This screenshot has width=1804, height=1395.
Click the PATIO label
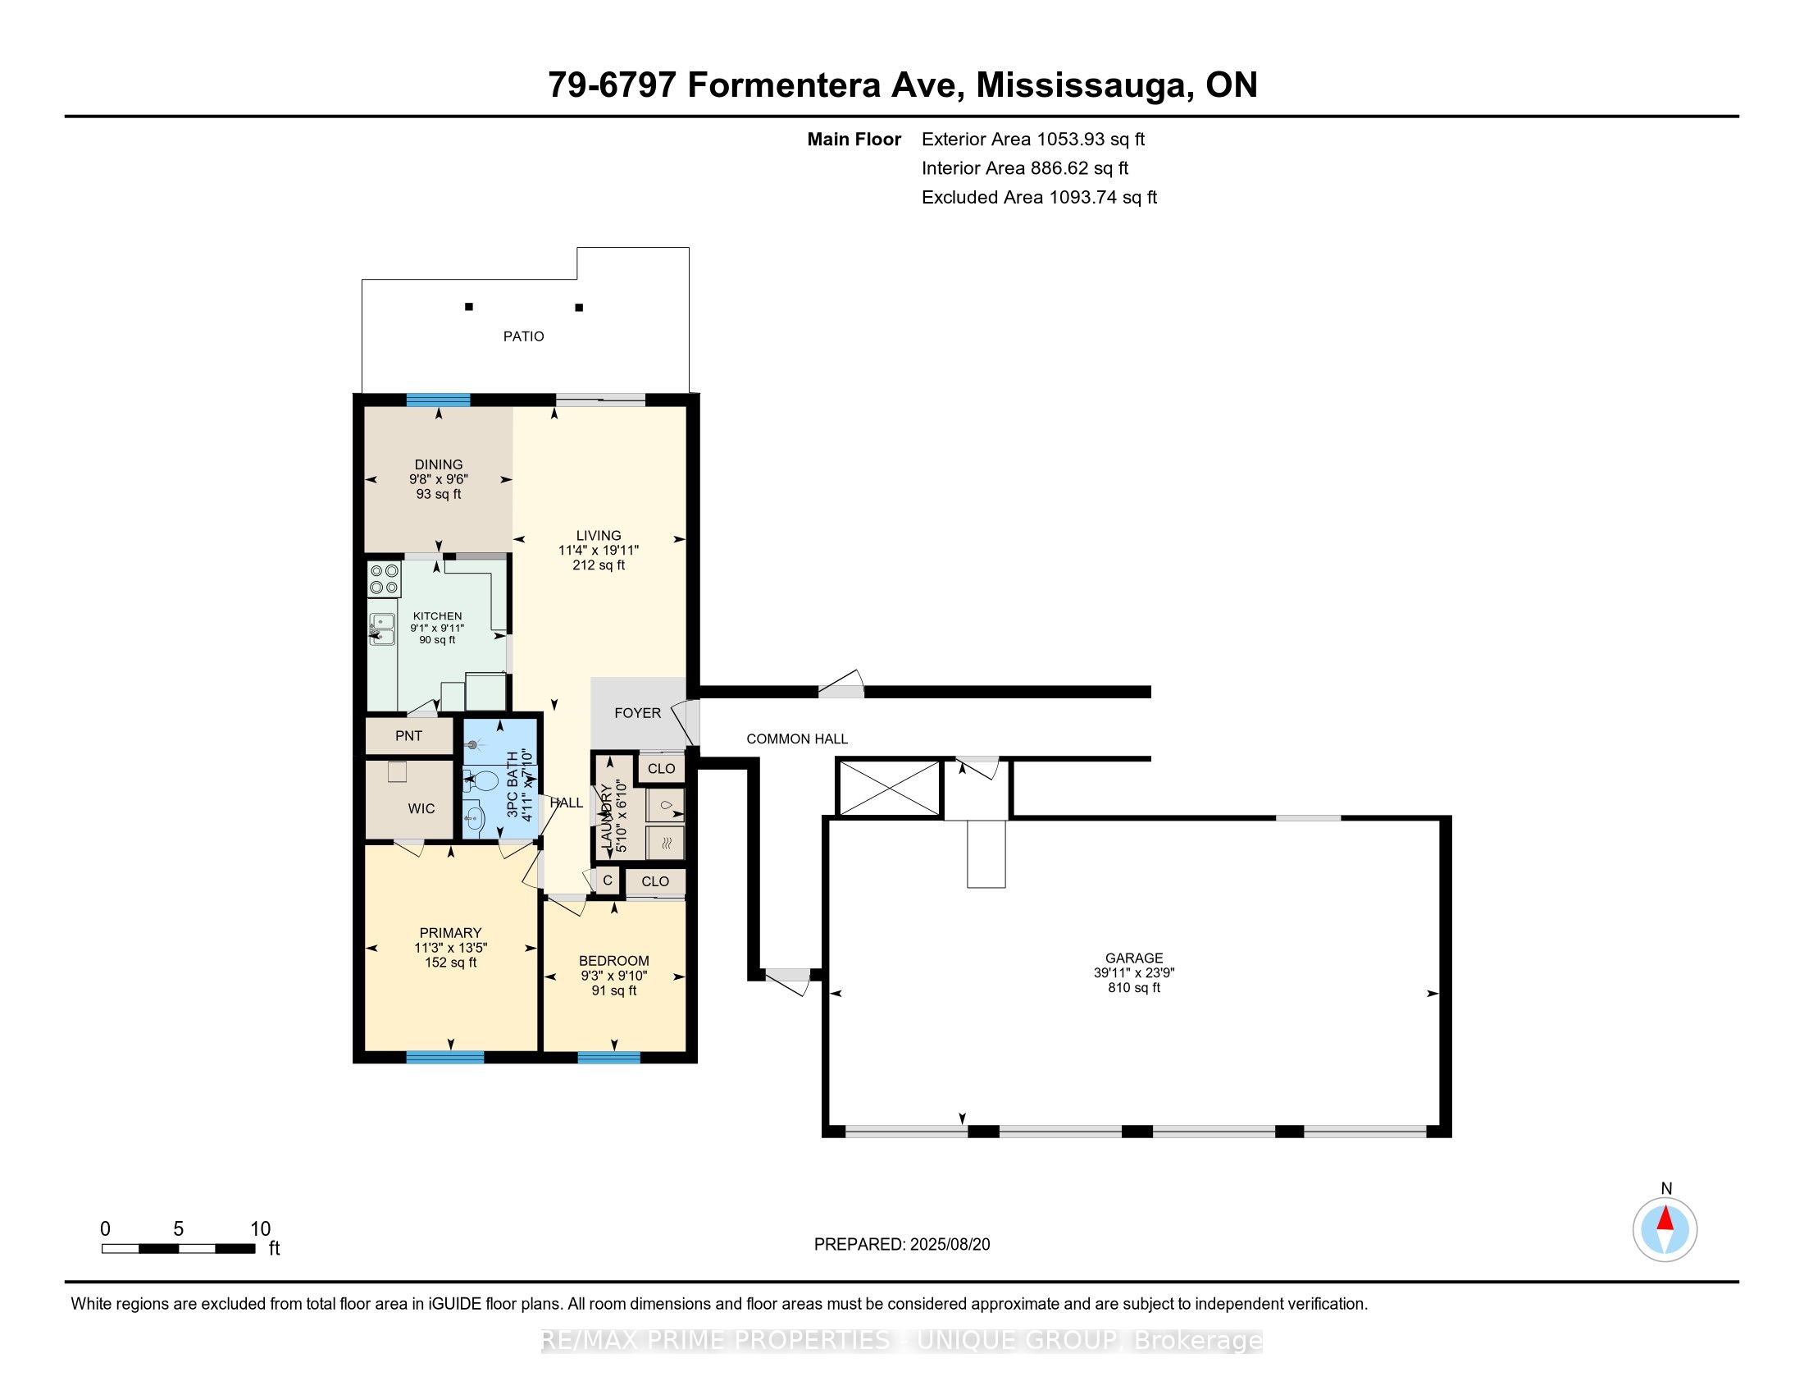point(524,336)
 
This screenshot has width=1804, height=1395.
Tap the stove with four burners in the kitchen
point(384,579)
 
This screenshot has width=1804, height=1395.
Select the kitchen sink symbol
point(381,629)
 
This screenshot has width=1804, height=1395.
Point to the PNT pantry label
point(409,736)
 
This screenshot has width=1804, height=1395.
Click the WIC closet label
point(421,809)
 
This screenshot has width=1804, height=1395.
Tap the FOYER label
point(638,713)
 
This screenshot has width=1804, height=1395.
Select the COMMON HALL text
point(797,739)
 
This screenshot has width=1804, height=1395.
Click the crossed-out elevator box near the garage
point(889,789)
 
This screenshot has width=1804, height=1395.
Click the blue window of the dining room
point(438,400)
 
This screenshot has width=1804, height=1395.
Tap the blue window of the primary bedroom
point(444,1056)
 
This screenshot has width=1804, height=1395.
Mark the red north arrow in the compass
point(1665,1218)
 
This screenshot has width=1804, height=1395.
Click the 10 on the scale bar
point(260,1229)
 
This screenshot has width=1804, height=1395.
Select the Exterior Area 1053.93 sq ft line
point(1032,139)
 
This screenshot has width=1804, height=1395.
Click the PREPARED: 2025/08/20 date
point(902,1245)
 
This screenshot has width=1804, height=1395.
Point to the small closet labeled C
point(607,881)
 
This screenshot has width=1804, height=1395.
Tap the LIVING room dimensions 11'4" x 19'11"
point(599,551)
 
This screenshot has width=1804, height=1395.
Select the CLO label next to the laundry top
point(661,769)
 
